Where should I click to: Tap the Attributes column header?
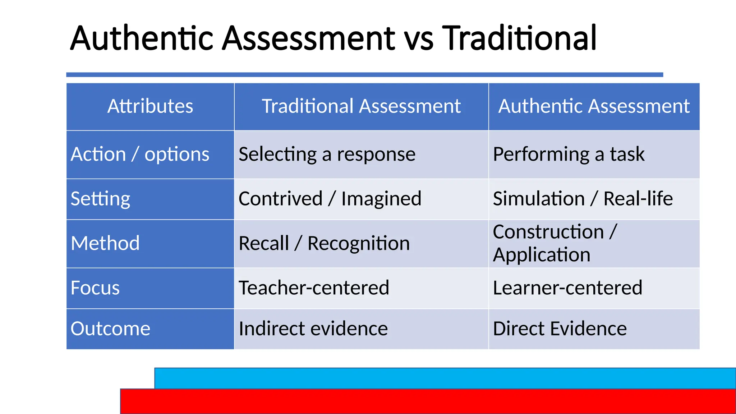pyautogui.click(x=150, y=106)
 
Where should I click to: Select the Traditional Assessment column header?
pyautogui.click(x=361, y=106)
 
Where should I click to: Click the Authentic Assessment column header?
pyautogui.click(x=594, y=106)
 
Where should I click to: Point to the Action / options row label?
pyautogui.click(x=140, y=155)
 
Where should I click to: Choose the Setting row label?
pyautogui.click(x=100, y=199)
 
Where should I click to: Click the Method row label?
pyautogui.click(x=105, y=243)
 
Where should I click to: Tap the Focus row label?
pyautogui.click(x=95, y=288)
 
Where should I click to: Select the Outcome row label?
pyautogui.click(x=110, y=328)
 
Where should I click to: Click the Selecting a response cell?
pyautogui.click(x=327, y=155)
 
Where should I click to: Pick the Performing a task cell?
pyautogui.click(x=569, y=155)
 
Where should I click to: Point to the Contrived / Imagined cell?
pyautogui.click(x=330, y=199)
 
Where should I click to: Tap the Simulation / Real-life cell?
pyautogui.click(x=583, y=199)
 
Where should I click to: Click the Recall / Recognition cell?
pyautogui.click(x=324, y=243)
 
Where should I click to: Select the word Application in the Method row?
pyautogui.click(x=541, y=255)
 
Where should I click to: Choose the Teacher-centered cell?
pyautogui.click(x=314, y=288)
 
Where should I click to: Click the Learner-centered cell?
pyautogui.click(x=567, y=288)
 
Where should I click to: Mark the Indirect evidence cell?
pyautogui.click(x=313, y=328)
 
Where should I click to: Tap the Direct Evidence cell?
pyautogui.click(x=560, y=328)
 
